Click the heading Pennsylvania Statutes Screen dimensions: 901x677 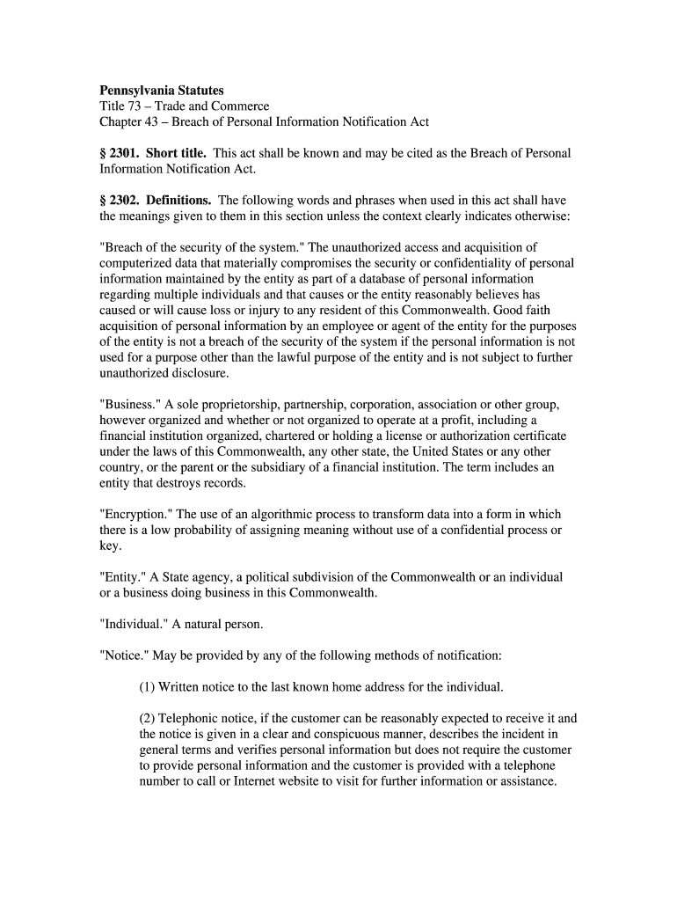161,90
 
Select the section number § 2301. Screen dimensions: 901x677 119,153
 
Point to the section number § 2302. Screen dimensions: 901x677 119,200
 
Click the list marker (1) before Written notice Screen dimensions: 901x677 147,686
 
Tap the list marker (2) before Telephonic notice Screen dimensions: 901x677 147,718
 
